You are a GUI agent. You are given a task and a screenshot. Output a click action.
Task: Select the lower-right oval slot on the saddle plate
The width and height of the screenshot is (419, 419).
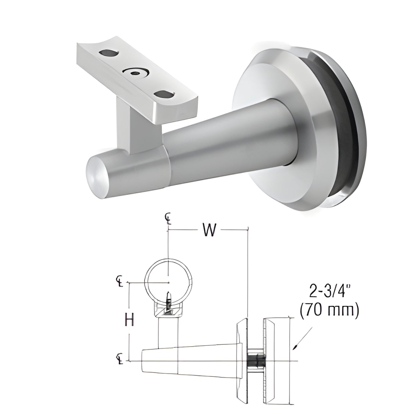click(x=164, y=94)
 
